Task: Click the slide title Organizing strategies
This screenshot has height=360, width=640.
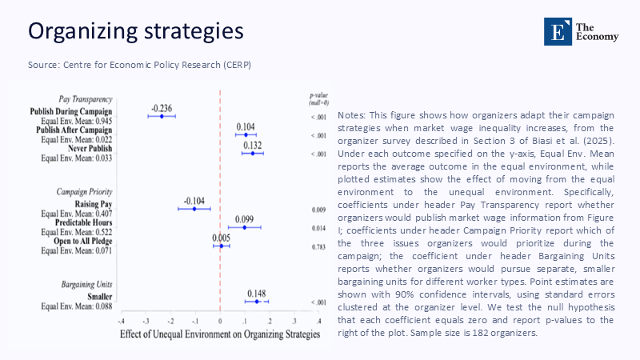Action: (x=135, y=31)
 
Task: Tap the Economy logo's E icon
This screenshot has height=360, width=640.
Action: (x=554, y=30)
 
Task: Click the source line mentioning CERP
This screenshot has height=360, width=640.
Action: (x=145, y=64)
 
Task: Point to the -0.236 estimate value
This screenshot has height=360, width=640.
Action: (x=161, y=107)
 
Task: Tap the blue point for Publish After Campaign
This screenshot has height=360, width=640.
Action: (x=246, y=134)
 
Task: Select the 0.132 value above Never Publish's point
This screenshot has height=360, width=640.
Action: (x=253, y=144)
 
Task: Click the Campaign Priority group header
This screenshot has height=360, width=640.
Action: (x=84, y=192)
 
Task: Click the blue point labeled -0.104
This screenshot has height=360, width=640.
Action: (x=194, y=209)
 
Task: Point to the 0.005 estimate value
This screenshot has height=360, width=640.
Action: (x=221, y=238)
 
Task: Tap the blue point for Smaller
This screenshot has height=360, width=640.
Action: (x=257, y=301)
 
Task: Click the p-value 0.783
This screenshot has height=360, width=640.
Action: (x=318, y=246)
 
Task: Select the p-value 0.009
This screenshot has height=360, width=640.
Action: (x=318, y=210)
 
